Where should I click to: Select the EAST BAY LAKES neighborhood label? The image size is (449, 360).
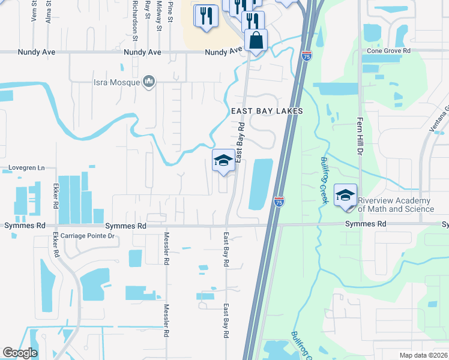point(267,111)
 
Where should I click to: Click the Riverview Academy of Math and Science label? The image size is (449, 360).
point(396,205)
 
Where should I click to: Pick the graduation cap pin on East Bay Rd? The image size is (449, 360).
point(223,160)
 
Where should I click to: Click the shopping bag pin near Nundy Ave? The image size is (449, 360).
point(256,40)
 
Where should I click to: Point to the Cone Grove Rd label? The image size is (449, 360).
point(389,52)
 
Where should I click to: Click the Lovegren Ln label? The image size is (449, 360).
point(27,168)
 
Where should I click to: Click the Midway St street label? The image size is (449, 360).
point(159,16)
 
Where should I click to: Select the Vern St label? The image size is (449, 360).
point(33,11)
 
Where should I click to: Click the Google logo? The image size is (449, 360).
point(20,353)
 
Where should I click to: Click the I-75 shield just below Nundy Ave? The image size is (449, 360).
point(307,56)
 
